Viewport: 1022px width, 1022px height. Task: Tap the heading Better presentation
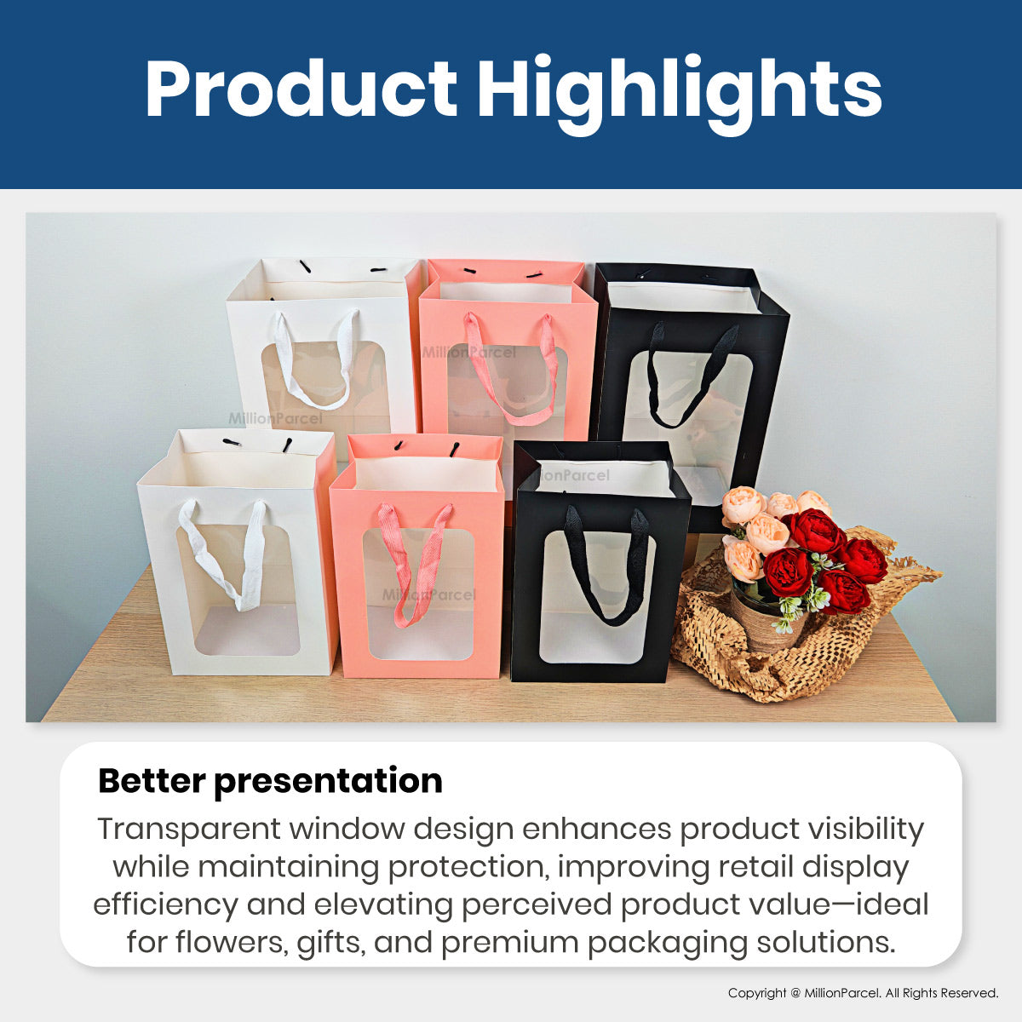click(270, 782)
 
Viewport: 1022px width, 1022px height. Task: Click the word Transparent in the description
click(189, 830)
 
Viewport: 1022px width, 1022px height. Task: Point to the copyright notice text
click(863, 993)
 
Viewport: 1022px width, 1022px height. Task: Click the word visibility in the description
click(864, 830)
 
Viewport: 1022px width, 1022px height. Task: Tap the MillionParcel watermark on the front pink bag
click(429, 595)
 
